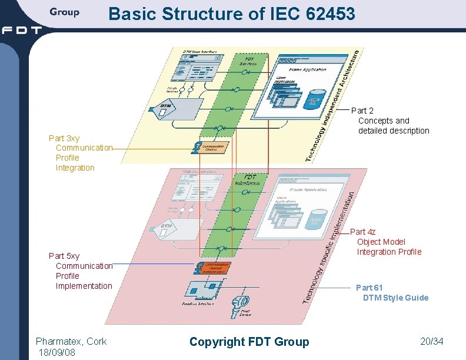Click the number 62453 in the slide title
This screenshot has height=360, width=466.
point(331,14)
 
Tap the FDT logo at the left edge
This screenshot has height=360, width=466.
point(21,30)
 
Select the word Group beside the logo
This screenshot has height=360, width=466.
point(64,12)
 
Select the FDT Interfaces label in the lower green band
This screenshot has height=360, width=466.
point(247,180)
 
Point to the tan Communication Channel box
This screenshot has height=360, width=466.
point(212,148)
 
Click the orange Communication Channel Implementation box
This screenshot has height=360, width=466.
point(212,268)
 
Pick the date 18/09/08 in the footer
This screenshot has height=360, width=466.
point(56,352)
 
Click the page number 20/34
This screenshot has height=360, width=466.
point(432,341)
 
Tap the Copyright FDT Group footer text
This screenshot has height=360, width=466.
point(249,342)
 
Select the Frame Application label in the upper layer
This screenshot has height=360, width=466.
point(307,69)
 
